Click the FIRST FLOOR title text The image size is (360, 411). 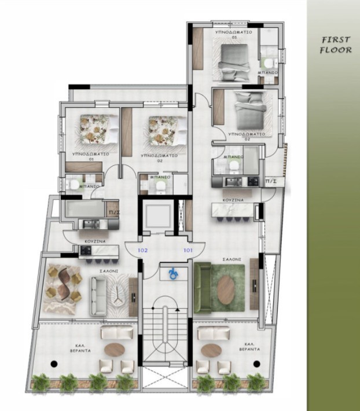click(x=336, y=45)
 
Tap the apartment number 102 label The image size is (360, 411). click(x=142, y=251)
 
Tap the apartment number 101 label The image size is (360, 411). click(x=188, y=251)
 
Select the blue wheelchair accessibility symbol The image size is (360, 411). click(x=171, y=271)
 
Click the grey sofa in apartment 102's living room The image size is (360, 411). click(x=98, y=293)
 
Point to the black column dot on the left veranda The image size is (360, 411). click(x=54, y=364)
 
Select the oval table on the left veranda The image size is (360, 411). click(x=115, y=350)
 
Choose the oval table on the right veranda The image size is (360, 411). click(x=211, y=350)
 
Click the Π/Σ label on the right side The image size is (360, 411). click(x=270, y=182)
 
